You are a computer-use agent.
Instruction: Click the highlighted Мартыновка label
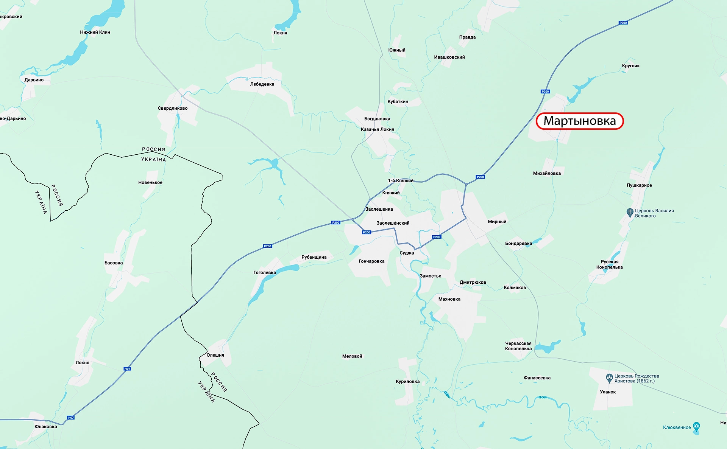point(579,121)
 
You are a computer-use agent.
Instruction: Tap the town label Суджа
point(407,253)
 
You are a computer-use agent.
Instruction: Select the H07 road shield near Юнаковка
point(71,418)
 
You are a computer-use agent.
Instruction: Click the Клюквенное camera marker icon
point(696,426)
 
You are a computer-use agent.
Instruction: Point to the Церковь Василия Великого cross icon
point(630,212)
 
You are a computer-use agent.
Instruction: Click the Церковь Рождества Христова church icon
point(609,378)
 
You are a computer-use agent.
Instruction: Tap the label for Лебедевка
point(262,84)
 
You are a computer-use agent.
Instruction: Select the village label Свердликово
point(173,108)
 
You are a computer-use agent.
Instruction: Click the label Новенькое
point(150,182)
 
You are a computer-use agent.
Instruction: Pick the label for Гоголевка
point(265,273)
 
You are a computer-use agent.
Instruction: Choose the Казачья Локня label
point(377,129)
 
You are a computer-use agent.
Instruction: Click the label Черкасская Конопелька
point(518,346)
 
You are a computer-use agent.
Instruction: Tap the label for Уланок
point(608,392)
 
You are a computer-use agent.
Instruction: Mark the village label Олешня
point(215,355)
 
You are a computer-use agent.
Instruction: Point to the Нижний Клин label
point(95,32)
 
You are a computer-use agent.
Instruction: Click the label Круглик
point(630,66)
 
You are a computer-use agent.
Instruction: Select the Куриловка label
point(407,382)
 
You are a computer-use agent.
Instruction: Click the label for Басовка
point(114,263)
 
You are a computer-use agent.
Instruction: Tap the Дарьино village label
point(34,80)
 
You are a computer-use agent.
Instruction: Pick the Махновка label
point(449,299)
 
